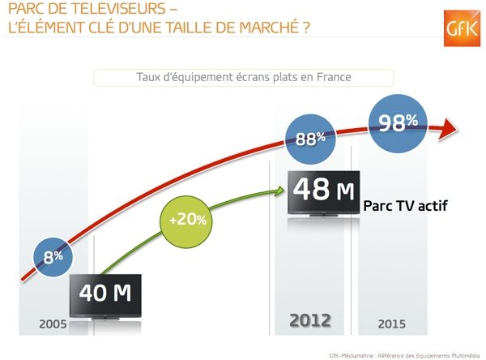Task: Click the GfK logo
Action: coord(462,28)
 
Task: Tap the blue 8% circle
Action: coord(53,257)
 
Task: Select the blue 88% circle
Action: coord(310,139)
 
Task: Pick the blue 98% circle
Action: coord(398,123)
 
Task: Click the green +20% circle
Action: coord(186,221)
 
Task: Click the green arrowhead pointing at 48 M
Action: coord(280,191)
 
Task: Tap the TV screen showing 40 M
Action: coord(105,295)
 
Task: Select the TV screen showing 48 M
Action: coord(323,192)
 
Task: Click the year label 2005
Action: coord(53,324)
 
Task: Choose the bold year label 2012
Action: coord(310,320)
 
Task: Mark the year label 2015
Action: coord(392,324)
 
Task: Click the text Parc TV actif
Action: coord(406,205)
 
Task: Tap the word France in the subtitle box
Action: coord(334,77)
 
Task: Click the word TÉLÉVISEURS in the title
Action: coord(122,8)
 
